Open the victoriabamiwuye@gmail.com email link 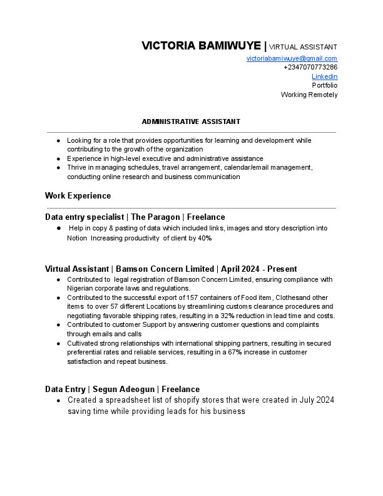pyautogui.click(x=292, y=58)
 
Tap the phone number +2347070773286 pyautogui.click(x=310, y=67)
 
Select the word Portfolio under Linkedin pyautogui.click(x=325, y=85)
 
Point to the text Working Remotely pyautogui.click(x=309, y=95)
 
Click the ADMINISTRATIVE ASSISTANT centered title pyautogui.click(x=191, y=121)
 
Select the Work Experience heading pyautogui.click(x=78, y=196)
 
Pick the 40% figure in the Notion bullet pyautogui.click(x=205, y=238)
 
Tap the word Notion pyautogui.click(x=77, y=238)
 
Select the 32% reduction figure pyautogui.click(x=228, y=316)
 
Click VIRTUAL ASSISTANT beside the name pyautogui.click(x=303, y=47)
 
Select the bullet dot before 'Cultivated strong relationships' pyautogui.click(x=58, y=343)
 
